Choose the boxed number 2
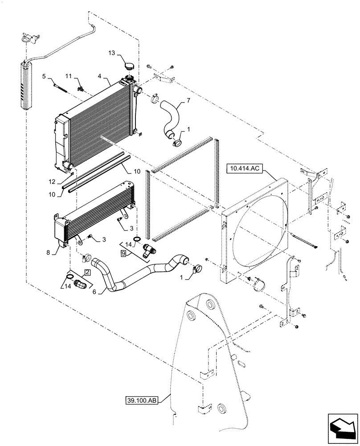click(x=87, y=272)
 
